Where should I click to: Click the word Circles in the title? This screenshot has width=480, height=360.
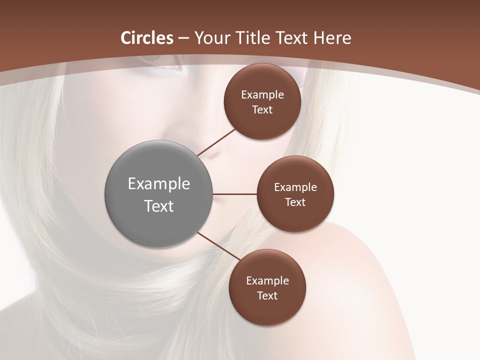(x=147, y=38)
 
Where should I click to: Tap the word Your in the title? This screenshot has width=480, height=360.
(x=210, y=38)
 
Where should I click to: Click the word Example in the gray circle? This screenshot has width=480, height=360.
(x=159, y=184)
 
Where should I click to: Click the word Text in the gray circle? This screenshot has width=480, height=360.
(x=159, y=206)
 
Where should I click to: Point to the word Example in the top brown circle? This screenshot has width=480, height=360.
(x=262, y=95)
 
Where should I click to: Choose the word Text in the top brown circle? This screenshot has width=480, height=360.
(x=262, y=110)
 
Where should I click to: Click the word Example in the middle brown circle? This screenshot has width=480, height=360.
(x=295, y=187)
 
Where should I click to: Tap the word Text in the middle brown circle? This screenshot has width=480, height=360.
(x=295, y=202)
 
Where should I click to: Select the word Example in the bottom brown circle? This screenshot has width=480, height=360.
(x=267, y=281)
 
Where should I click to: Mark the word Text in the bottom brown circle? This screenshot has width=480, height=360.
(x=267, y=296)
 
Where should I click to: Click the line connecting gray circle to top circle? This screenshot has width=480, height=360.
(x=217, y=142)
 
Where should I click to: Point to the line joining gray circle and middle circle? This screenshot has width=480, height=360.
(x=235, y=194)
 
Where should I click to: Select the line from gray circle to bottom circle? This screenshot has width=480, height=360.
(x=219, y=246)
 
